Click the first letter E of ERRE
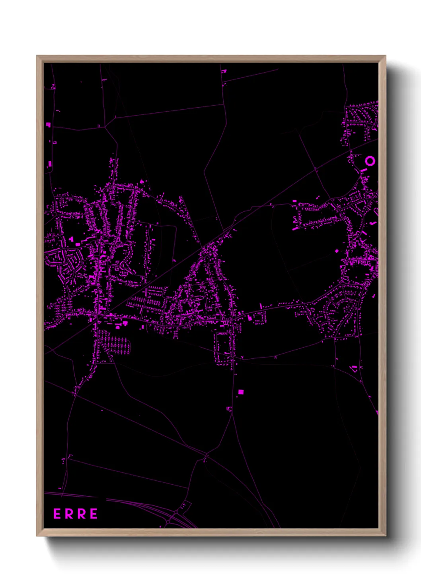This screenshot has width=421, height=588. tap(57, 514)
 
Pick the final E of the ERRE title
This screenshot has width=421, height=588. tap(94, 514)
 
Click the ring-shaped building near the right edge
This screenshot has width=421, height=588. tap(370, 161)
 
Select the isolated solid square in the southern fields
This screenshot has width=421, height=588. tap(241, 392)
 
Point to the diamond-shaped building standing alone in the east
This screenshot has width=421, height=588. tap(337, 251)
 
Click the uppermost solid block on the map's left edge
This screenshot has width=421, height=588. tap(49, 125)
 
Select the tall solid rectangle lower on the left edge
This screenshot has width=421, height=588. tap(50, 164)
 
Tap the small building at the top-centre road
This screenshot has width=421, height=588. tap(224, 72)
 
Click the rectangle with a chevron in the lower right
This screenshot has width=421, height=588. tap(354, 368)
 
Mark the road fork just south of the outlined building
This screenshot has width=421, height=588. tap(231, 413)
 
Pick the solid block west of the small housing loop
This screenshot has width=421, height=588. tap(250, 318)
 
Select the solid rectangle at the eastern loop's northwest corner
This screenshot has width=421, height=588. tap(295, 202)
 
